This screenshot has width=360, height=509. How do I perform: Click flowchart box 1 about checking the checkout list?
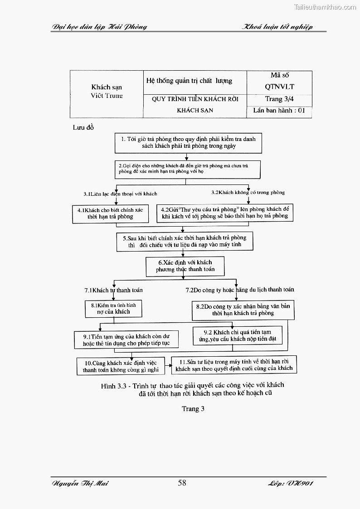pyautogui.click(x=188, y=143)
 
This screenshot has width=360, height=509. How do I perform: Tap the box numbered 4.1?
pyautogui.click(x=110, y=213)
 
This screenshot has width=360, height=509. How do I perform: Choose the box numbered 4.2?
pyautogui.click(x=225, y=213)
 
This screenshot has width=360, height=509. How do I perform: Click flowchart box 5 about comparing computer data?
pyautogui.click(x=184, y=241)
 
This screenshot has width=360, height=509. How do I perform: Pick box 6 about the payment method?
pyautogui.click(x=185, y=266)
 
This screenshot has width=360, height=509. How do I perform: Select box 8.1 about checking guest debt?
pyautogui.click(x=113, y=309)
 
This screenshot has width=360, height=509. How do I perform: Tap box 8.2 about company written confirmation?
pyautogui.click(x=243, y=310)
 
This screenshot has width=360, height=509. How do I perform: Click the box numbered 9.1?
pyautogui.click(x=126, y=340)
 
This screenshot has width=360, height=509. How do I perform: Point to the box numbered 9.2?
pyautogui.click(x=238, y=336)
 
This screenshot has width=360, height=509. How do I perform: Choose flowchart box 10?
pyautogui.click(x=121, y=366)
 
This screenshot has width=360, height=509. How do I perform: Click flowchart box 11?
pyautogui.click(x=234, y=365)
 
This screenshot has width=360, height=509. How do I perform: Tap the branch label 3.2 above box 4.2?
pyautogui.click(x=248, y=192)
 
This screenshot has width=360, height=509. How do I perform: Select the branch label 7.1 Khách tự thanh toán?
pyautogui.click(x=113, y=290)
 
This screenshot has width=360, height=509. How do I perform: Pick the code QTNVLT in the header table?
pyautogui.click(x=279, y=86)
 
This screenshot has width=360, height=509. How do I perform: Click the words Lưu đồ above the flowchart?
pyautogui.click(x=83, y=127)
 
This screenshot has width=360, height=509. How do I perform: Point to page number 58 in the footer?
pyautogui.click(x=182, y=483)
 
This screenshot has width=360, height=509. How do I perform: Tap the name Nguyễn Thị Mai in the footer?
pyautogui.click(x=80, y=483)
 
